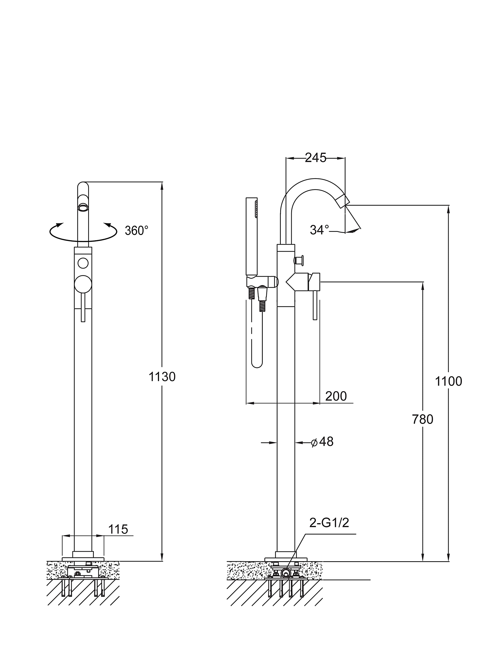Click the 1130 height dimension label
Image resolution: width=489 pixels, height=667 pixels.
pos(162,377)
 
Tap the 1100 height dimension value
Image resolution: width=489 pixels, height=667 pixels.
pos(448,381)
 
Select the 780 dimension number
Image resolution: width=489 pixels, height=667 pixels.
pos(422,419)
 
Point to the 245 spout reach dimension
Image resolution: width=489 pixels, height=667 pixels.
pos(316,158)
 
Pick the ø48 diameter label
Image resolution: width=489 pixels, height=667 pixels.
pos(322,442)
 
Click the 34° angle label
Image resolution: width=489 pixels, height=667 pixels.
pos(319,230)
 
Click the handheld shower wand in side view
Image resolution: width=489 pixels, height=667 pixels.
pos(252,237)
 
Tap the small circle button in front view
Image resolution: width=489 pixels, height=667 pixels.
pos(83,263)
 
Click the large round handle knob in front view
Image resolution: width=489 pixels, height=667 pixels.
pos(83,284)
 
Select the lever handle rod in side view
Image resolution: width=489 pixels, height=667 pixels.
pos(315,305)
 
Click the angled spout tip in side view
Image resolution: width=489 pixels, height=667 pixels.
pos(343,201)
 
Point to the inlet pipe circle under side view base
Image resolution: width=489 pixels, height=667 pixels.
pos(286,573)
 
